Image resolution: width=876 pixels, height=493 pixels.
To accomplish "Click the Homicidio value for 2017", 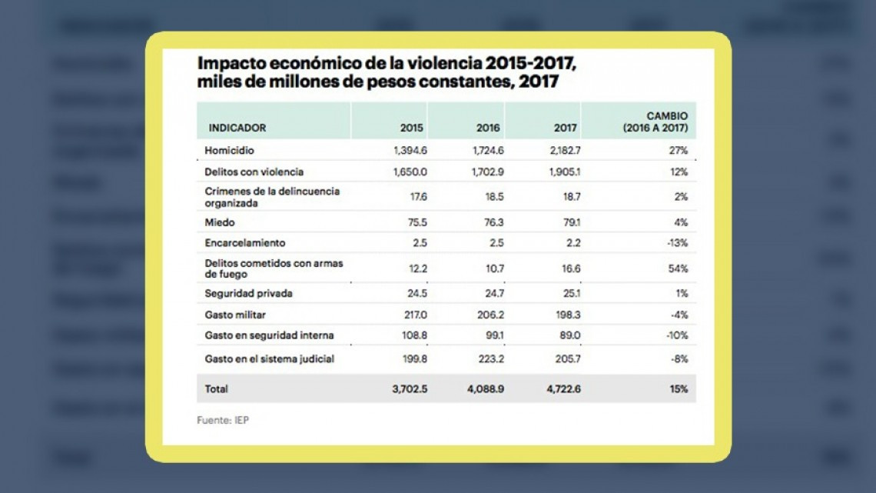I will click(x=564, y=151).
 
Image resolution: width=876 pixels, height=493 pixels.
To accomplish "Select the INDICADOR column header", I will click(x=237, y=128).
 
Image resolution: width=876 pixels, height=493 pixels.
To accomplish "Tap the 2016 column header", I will click(x=488, y=128).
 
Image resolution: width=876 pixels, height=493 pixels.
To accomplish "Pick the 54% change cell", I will click(x=678, y=268).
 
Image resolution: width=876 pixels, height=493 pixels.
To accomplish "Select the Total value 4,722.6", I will click(x=562, y=390).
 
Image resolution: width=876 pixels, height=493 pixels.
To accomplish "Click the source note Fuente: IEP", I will click(x=224, y=421).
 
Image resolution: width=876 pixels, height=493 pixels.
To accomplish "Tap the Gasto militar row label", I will click(x=235, y=315).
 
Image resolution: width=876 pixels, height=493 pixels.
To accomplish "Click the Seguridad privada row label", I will click(x=248, y=294).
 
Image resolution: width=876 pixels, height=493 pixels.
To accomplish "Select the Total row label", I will click(x=217, y=390).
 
